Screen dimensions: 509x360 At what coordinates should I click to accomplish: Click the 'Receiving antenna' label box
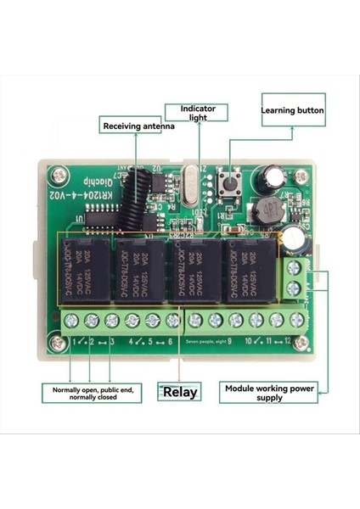click(x=138, y=126)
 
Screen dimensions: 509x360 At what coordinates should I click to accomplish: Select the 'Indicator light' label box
click(x=197, y=114)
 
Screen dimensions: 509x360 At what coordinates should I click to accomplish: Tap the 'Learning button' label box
click(x=291, y=110)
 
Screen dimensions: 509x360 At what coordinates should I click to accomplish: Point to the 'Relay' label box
click(x=179, y=392)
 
